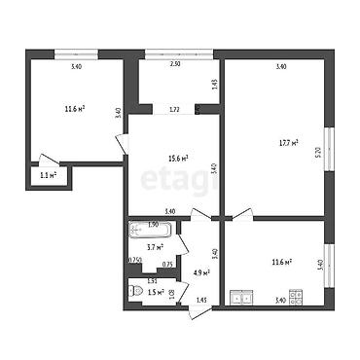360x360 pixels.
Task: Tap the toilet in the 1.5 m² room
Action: (x=136, y=291)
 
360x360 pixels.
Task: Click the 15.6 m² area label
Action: (x=175, y=158)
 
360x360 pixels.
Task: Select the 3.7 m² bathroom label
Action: (x=153, y=248)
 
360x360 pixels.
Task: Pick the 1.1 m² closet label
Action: (x=48, y=176)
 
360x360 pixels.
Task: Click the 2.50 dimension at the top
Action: (x=175, y=65)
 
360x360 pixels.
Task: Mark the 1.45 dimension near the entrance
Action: (x=201, y=299)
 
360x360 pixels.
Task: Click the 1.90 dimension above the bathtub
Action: (x=153, y=225)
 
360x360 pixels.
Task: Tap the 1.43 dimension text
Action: (x=213, y=84)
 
